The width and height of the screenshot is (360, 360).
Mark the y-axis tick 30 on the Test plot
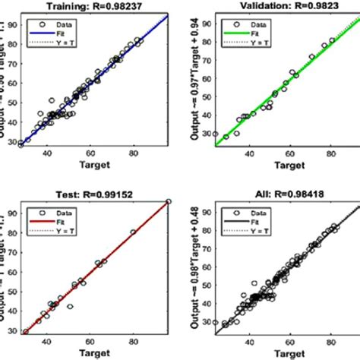(x=14, y=331)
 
